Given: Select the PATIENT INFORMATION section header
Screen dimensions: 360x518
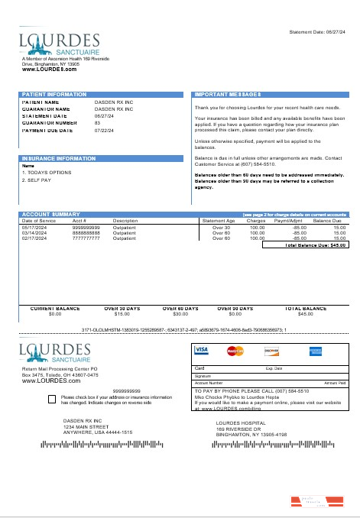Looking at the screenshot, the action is tap(54, 94).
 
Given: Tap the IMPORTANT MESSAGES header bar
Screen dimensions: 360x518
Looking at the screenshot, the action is tap(229, 94).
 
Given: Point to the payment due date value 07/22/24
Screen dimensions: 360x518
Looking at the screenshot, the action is tap(103, 130).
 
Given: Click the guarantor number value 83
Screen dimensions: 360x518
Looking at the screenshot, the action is tap(97, 122).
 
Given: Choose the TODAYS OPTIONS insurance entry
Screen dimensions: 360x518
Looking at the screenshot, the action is tap(47, 173).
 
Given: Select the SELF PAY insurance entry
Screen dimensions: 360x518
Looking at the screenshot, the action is tap(36, 180).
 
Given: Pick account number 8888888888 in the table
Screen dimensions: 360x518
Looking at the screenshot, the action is tap(86, 233).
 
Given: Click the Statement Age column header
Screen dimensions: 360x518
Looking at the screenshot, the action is tap(218, 221).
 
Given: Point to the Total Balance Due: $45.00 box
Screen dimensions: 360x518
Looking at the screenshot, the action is tap(306, 245).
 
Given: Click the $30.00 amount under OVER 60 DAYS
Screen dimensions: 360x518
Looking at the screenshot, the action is tap(181, 313).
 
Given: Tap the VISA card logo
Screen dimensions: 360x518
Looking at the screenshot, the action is tap(202, 350).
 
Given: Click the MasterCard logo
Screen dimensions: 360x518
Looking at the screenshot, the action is tap(235, 351).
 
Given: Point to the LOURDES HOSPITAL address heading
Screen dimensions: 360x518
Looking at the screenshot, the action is tap(241, 422).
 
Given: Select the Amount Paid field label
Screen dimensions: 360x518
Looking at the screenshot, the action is tap(335, 382).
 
